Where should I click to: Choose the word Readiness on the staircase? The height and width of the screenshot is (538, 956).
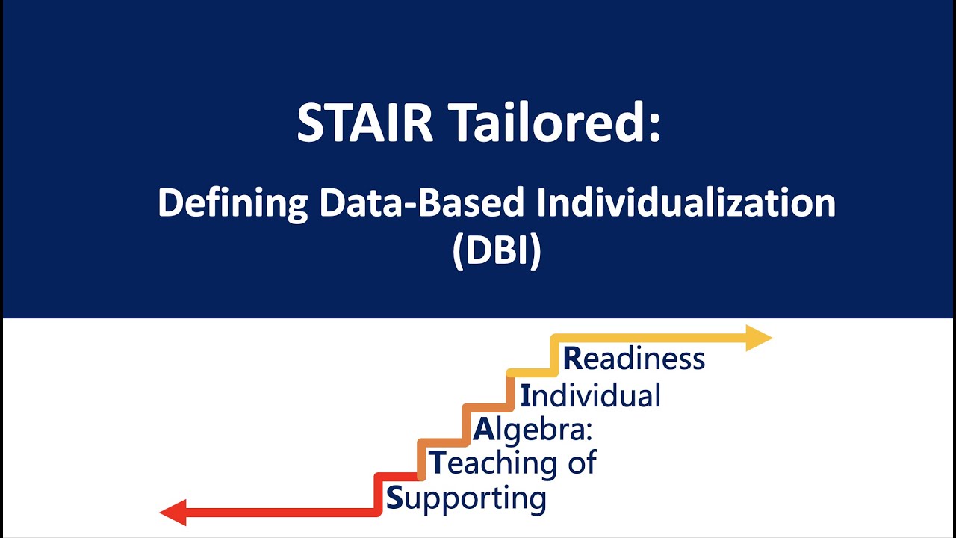click(x=633, y=359)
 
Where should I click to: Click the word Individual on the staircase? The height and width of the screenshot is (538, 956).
click(x=590, y=395)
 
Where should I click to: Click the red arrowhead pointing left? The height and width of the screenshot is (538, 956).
click(x=173, y=513)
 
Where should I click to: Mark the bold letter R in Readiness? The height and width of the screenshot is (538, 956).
click(x=572, y=359)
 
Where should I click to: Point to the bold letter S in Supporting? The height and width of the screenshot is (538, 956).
click(x=394, y=498)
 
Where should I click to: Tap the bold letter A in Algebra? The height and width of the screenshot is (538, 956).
click(x=484, y=430)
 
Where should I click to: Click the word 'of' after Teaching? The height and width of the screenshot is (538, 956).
click(x=580, y=463)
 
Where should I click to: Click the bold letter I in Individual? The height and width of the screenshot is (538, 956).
click(x=526, y=395)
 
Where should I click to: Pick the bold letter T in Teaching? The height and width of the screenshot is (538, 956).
click(x=436, y=463)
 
